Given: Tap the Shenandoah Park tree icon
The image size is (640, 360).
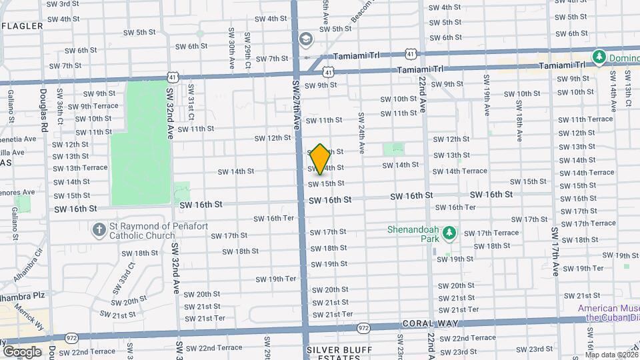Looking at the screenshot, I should [x=450, y=231].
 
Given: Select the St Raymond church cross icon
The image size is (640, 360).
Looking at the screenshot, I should [x=99, y=231].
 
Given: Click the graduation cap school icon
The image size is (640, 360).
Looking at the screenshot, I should [x=306, y=40].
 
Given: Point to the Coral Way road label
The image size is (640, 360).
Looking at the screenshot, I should [x=421, y=324].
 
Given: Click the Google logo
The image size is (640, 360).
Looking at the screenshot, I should [x=22, y=351].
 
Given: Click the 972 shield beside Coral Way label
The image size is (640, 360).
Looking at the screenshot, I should [x=363, y=328].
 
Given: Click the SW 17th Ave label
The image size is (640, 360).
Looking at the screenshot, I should [x=555, y=251].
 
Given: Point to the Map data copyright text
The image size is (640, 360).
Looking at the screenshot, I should [x=612, y=355].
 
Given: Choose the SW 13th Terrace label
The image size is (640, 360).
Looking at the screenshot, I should [x=80, y=167].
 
